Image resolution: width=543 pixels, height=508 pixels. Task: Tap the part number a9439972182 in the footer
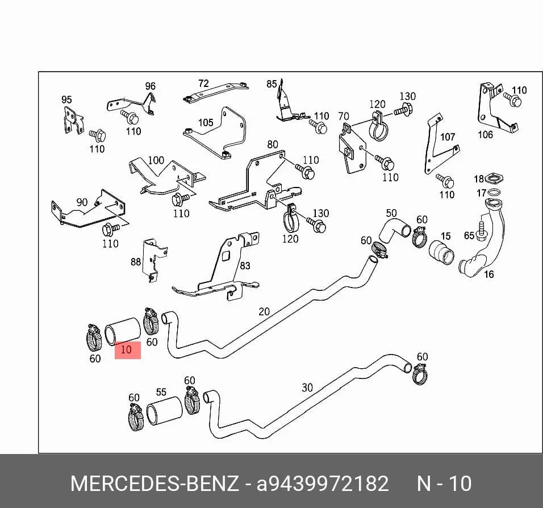pos(323,484)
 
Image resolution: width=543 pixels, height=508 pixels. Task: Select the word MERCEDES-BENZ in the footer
pos(155,484)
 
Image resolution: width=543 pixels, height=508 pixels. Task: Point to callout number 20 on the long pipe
pos(264,311)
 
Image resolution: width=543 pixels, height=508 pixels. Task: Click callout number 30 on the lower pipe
pos(307,388)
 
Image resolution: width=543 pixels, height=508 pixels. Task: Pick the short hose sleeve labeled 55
pos(165,411)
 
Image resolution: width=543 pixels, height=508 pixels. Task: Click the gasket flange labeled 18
pos(494,179)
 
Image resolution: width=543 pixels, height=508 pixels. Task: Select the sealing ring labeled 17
pos(493,192)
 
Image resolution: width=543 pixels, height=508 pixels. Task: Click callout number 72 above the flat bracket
pos(203,84)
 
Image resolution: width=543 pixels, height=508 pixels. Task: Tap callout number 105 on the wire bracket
pos(206,123)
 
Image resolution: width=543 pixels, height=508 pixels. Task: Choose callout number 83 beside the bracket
pos(245,265)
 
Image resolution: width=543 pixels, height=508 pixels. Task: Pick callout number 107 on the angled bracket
pos(448,137)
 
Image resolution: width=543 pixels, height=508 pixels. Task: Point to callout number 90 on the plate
pos(82,202)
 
